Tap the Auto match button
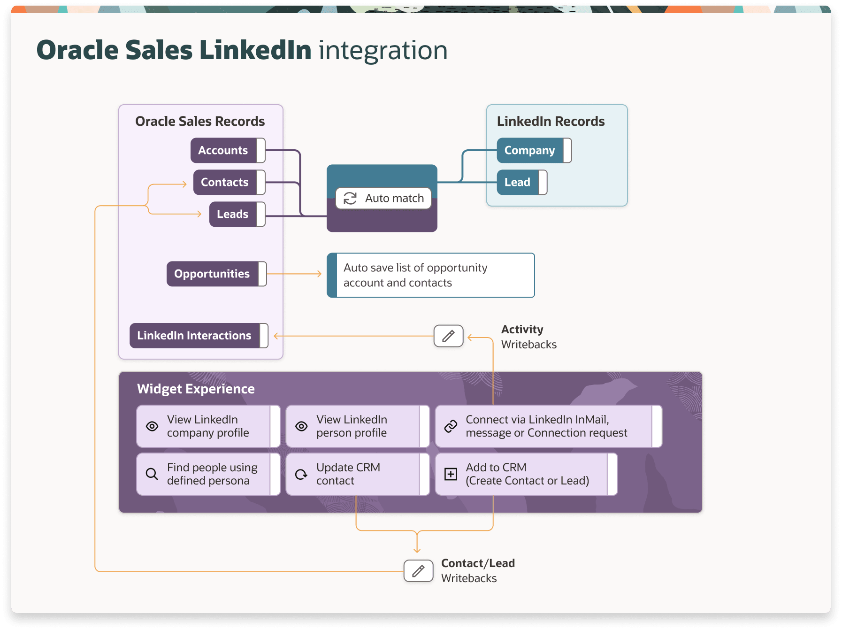[x=383, y=198]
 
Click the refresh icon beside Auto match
[x=350, y=198]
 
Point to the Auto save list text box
[x=430, y=275]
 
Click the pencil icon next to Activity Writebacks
[x=448, y=336]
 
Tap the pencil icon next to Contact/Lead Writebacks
[x=418, y=571]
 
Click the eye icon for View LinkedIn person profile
[x=301, y=426]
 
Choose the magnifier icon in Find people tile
[x=152, y=474]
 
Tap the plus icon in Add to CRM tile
[x=451, y=474]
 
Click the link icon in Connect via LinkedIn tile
[x=451, y=426]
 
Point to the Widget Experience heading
[x=196, y=389]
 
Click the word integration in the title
[x=383, y=50]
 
